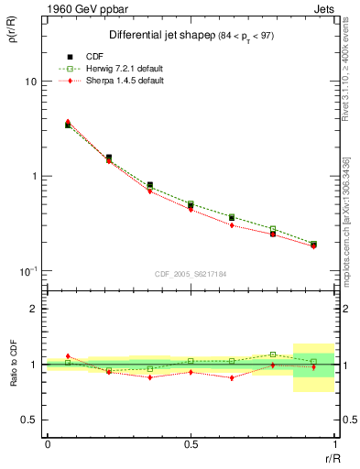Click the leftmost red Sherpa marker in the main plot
click(68, 121)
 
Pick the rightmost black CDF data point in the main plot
click(313, 245)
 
